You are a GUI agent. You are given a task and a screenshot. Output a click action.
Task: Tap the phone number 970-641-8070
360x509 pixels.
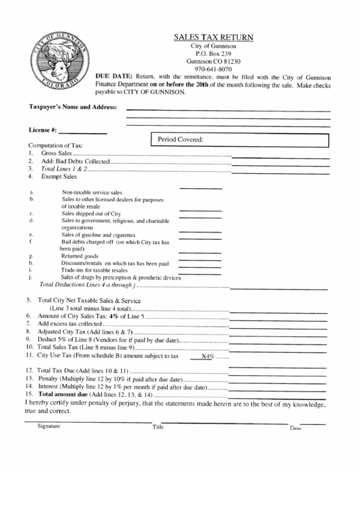pyautogui.click(x=213, y=69)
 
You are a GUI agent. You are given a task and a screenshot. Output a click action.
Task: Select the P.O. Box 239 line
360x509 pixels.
pyautogui.click(x=213, y=52)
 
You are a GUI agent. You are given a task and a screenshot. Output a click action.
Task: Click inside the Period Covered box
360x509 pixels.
pyautogui.click(x=241, y=140)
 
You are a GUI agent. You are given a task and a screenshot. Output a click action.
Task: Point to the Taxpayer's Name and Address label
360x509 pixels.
pyautogui.click(x=73, y=107)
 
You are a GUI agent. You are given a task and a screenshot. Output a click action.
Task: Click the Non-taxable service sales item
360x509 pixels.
pyautogui.click(x=92, y=192)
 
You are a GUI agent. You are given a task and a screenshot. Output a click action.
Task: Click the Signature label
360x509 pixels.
pyautogui.click(x=48, y=426)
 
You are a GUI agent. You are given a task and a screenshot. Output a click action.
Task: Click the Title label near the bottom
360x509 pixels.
pyautogui.click(x=158, y=427)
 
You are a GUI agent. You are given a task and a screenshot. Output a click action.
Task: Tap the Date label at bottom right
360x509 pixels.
pyautogui.click(x=295, y=428)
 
